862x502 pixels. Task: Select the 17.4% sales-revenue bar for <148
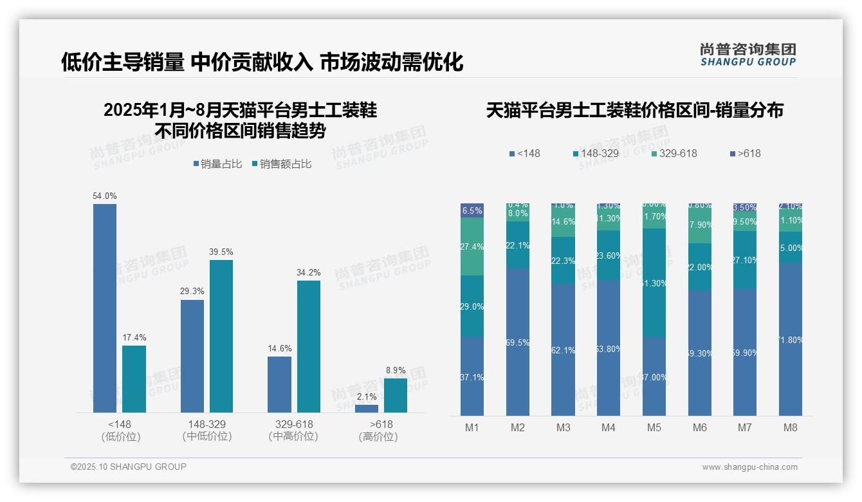(134, 379)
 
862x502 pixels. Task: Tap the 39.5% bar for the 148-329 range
(221, 336)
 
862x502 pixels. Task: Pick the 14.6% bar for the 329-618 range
(279, 384)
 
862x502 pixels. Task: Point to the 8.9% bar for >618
(395, 395)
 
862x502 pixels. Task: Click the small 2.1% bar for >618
(367, 408)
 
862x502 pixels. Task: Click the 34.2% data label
(309, 272)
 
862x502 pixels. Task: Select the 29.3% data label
(192, 291)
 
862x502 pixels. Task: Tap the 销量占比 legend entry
(217, 164)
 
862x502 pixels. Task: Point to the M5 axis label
(654, 427)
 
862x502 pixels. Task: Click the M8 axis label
(791, 427)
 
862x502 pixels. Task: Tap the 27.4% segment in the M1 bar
(472, 246)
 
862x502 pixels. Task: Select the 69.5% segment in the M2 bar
(518, 342)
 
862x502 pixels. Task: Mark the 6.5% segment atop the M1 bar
(472, 210)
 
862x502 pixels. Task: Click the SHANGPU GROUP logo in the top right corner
(747, 55)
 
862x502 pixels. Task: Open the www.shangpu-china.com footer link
(749, 467)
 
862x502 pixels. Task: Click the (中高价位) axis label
(294, 436)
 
